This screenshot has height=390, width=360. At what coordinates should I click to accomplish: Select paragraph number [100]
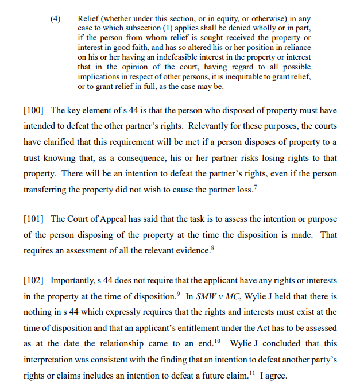coord(34,110)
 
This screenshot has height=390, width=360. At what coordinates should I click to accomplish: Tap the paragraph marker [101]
coord(34,219)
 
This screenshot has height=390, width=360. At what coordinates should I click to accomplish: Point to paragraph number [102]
coord(34,281)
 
